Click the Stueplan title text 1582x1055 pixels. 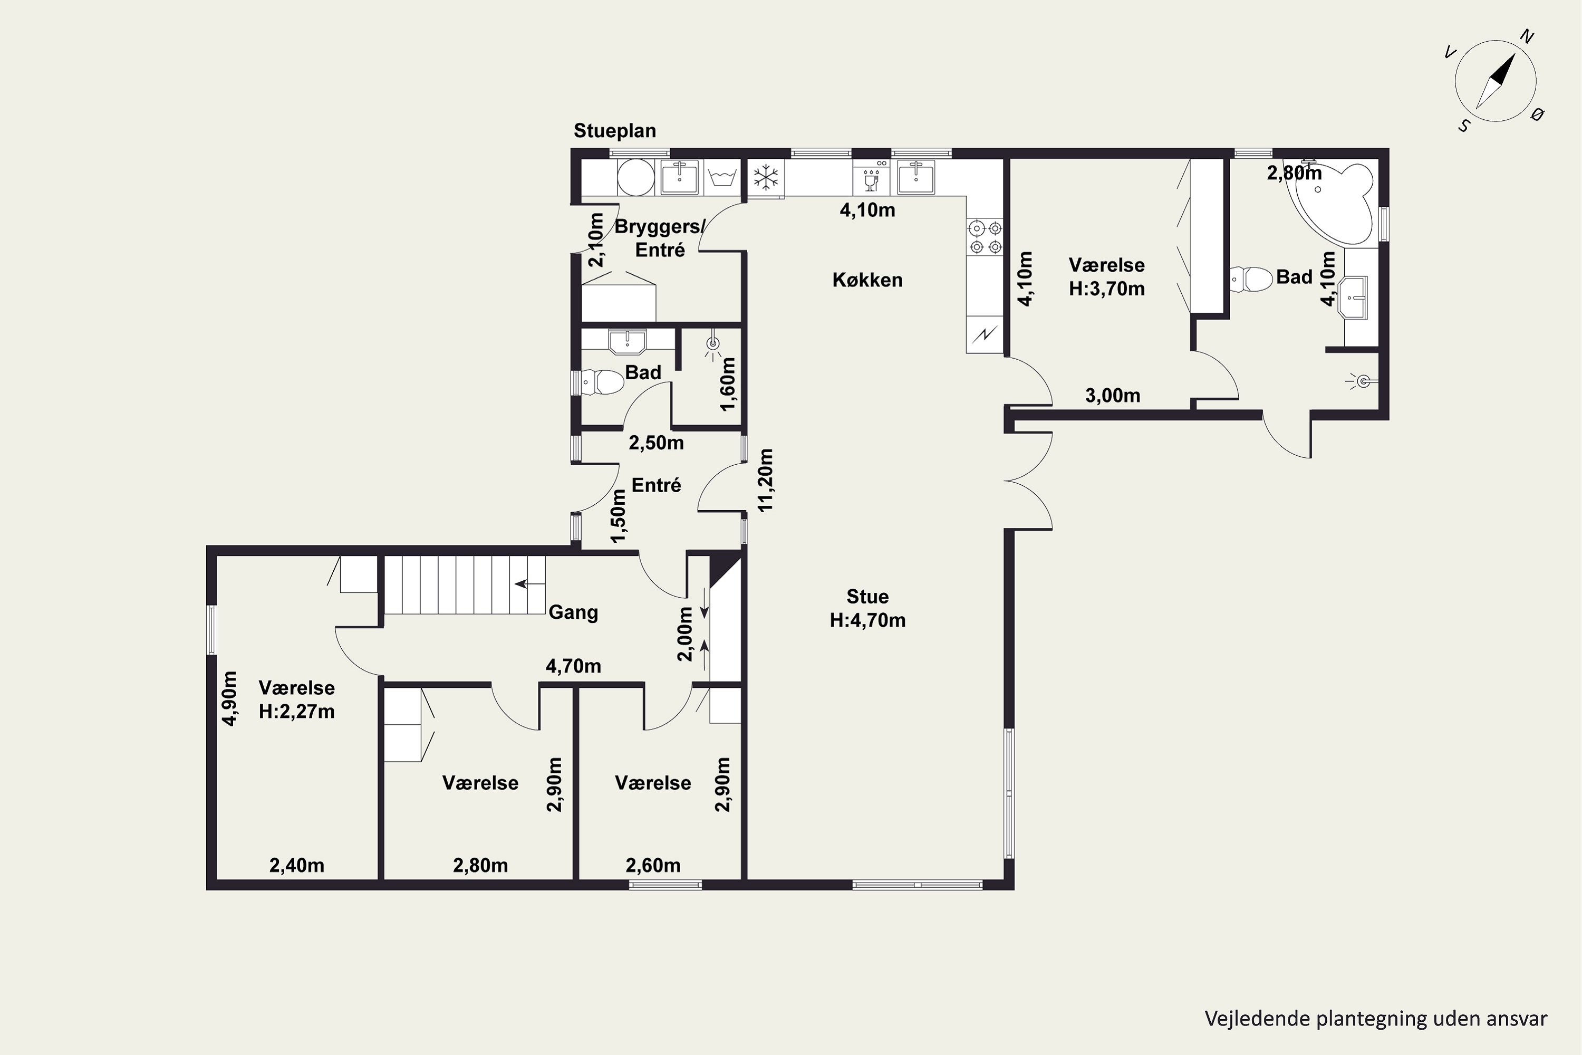pyautogui.click(x=615, y=130)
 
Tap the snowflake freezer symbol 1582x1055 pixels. pyautogui.click(x=766, y=178)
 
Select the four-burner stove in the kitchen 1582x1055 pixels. pyautogui.click(x=985, y=237)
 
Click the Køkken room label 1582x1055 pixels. pyautogui.click(x=867, y=280)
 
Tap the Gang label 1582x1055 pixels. pyautogui.click(x=573, y=613)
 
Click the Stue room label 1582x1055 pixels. pyautogui.click(x=867, y=597)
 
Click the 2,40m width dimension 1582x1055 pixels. pyautogui.click(x=296, y=865)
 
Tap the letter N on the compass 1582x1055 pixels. pyautogui.click(x=1527, y=37)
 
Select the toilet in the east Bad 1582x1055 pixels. pyautogui.click(x=1250, y=279)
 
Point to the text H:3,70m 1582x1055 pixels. pyautogui.click(x=1106, y=289)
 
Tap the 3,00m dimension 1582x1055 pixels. pyautogui.click(x=1113, y=396)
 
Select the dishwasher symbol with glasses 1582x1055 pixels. pyautogui.click(x=871, y=178)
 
